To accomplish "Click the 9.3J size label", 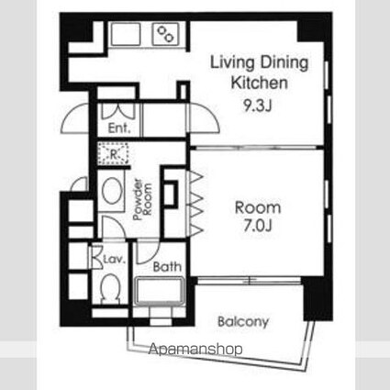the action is tap(257, 106).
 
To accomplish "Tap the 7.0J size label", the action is tap(258, 226).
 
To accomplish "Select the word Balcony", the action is tap(243, 322).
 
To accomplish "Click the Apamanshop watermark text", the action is tap(195, 349).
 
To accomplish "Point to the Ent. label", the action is tap(119, 128).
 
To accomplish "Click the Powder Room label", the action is tap(142, 199).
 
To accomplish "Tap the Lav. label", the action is tap(115, 260).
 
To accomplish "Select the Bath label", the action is tap(167, 267).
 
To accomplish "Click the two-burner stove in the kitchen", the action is tap(165, 33).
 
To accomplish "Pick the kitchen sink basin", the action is tap(126, 33).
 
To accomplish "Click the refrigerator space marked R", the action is tap(113, 154).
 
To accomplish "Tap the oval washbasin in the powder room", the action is tap(112, 191).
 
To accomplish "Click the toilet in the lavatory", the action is tap(110, 287).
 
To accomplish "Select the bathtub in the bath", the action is tap(159, 291).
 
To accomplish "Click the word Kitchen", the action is tap(259, 83).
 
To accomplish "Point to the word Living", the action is tap(232, 63).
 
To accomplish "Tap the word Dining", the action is tap(284, 63).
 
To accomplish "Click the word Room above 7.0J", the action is tap(258, 207).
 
